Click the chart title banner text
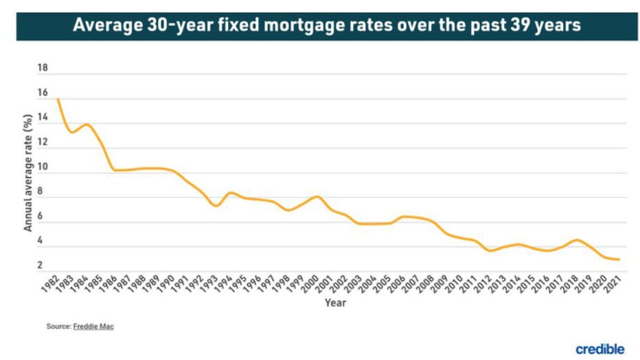point(327,26)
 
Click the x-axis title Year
point(335,303)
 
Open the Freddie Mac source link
point(93,326)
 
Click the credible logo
point(599,348)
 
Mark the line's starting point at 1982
point(57,100)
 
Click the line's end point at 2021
point(619,260)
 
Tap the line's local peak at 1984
point(87,124)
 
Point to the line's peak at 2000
point(317,196)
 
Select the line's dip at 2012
point(490,251)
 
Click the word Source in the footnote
point(58,326)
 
